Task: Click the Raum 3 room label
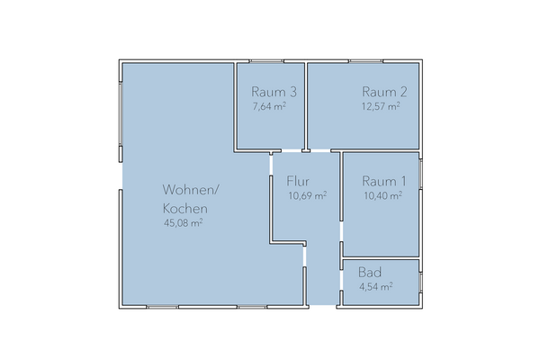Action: [x=274, y=92]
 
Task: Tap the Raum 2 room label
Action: [x=384, y=92]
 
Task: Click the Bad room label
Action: [x=369, y=273]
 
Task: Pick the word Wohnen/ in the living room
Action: [x=190, y=190]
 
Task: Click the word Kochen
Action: [x=184, y=207]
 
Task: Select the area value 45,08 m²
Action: [x=183, y=222]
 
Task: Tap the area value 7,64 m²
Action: [x=270, y=106]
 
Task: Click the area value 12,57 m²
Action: [x=381, y=106]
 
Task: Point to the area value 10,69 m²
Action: [x=307, y=195]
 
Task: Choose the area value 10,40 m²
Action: [x=381, y=195]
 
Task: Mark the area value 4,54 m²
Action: [x=375, y=287]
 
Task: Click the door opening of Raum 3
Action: [x=290, y=149]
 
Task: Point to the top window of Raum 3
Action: [x=266, y=61]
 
